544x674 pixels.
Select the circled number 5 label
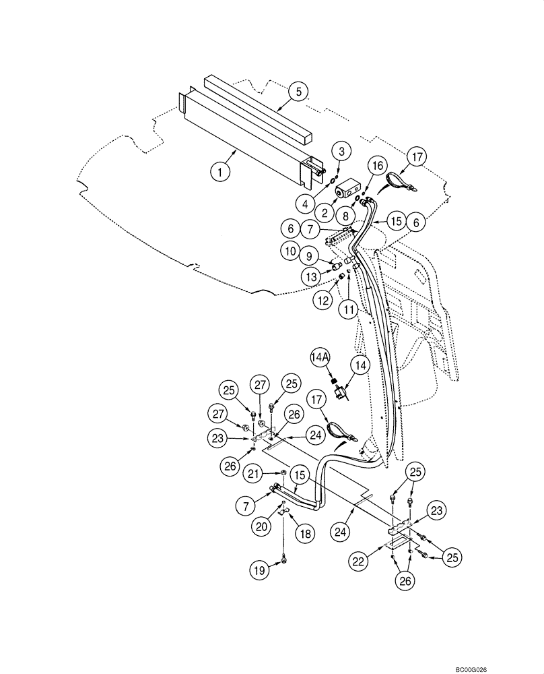[x=300, y=91]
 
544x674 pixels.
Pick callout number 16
[x=376, y=165]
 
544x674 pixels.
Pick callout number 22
[x=360, y=559]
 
